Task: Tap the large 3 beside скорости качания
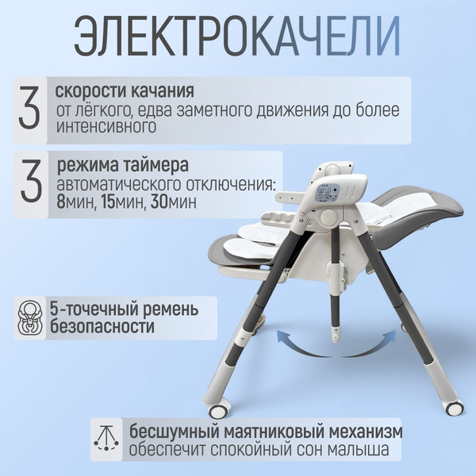[29, 109]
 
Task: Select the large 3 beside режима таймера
[29, 182]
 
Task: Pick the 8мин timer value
[72, 202]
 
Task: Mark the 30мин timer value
[171, 202]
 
